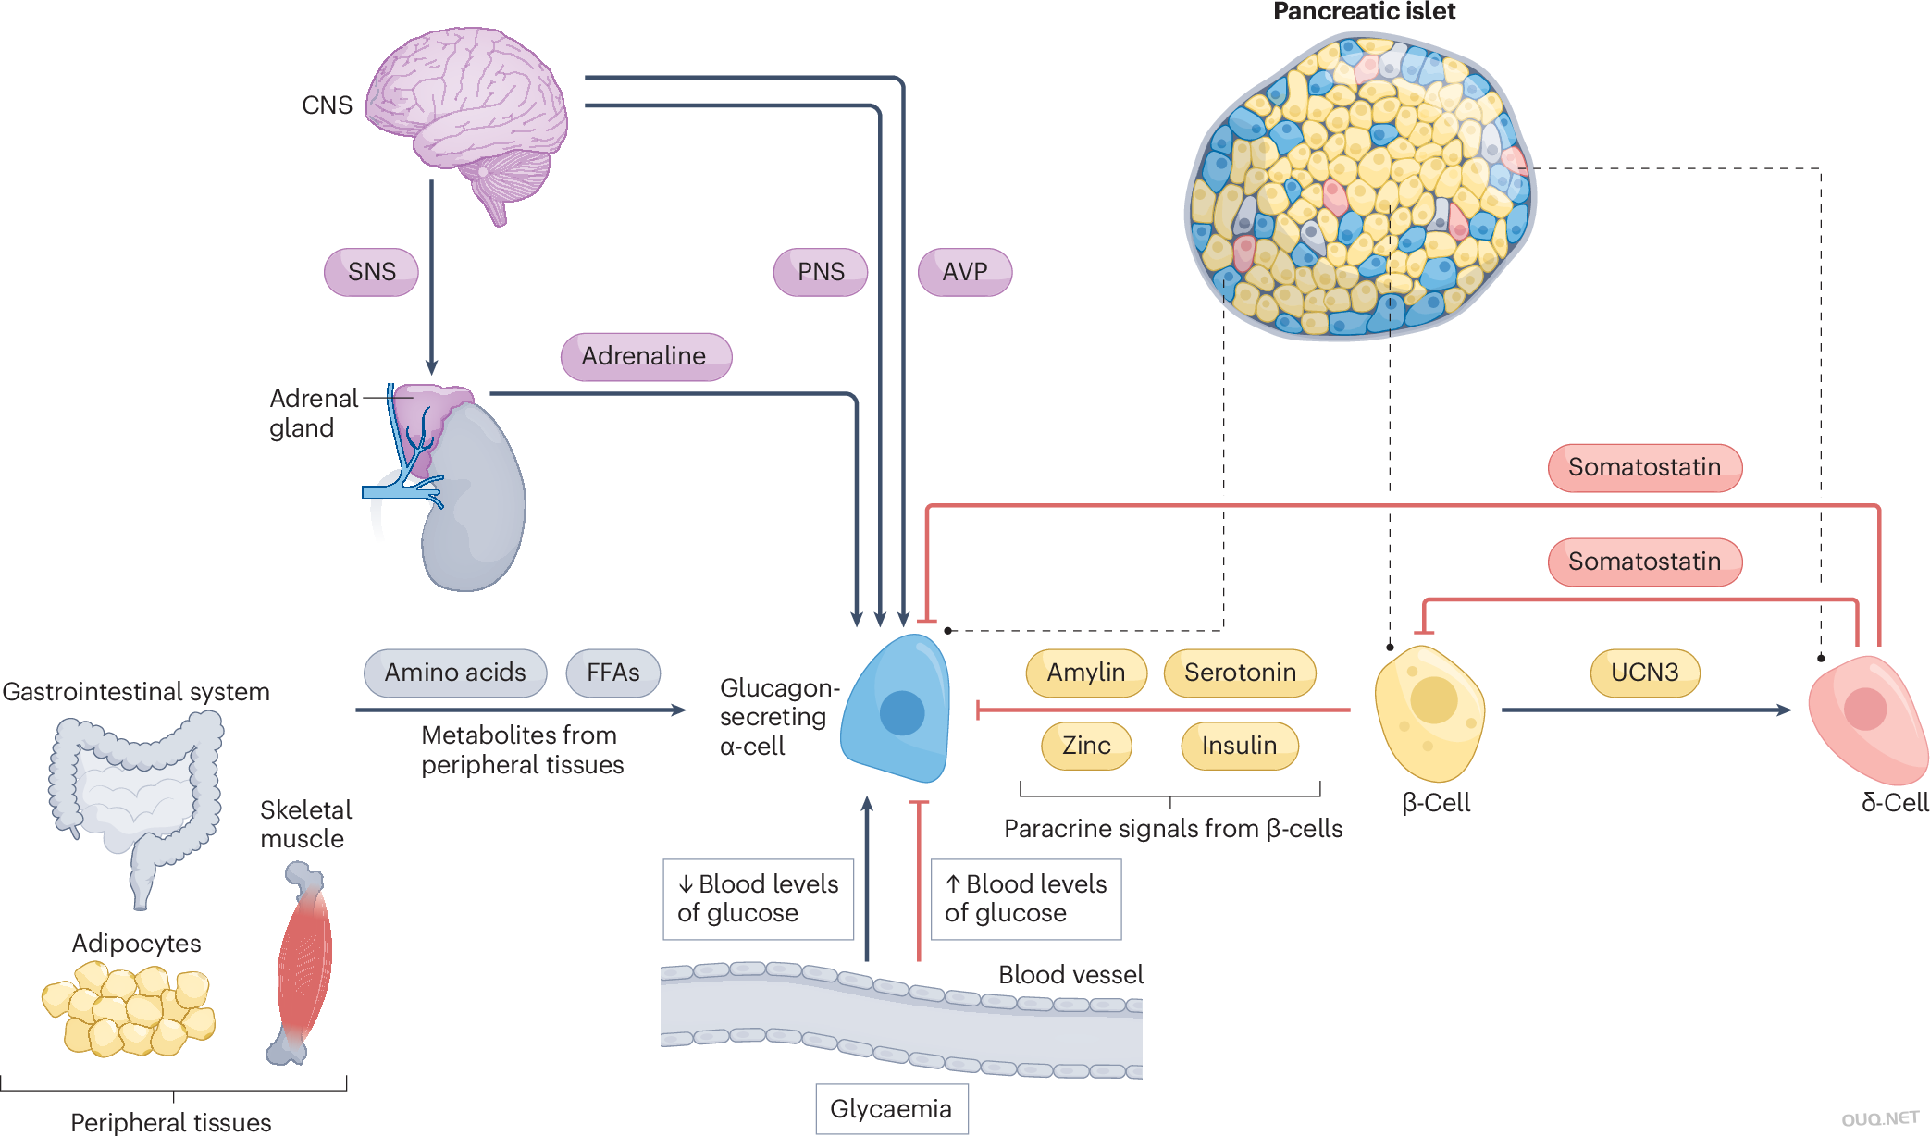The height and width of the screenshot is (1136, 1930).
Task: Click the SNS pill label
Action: pos(371,272)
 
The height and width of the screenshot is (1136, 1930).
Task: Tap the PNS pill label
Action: pos(821,272)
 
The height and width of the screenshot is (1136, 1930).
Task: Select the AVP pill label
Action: pos(964,272)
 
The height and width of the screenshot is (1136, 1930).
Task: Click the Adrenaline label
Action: pos(645,356)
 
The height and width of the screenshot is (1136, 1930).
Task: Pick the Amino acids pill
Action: pos(455,673)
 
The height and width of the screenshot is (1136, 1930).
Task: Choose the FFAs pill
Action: pos(612,673)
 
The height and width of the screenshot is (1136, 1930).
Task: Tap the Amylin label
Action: pos(1086,673)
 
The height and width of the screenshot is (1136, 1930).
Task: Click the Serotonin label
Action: pos(1240,673)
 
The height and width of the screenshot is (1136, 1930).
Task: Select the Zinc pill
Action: pos(1086,746)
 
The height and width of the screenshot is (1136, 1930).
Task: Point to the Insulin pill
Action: pos(1239,746)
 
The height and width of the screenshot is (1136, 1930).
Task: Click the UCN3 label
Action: pos(1644,673)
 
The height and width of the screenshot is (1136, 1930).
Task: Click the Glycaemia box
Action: pos(891,1108)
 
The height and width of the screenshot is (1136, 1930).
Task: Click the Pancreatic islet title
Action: pos(1364,12)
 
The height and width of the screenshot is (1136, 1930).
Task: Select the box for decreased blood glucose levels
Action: pos(758,898)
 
